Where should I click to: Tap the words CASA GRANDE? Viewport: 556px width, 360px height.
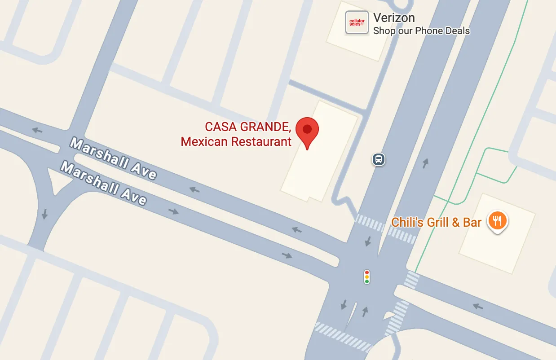pos(248,127)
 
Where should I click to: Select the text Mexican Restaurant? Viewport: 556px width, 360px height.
pos(236,142)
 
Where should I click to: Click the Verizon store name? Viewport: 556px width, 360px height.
pos(394,18)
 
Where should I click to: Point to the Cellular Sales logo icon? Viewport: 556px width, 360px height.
pos(357,22)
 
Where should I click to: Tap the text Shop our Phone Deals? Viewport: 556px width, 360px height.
pos(421,31)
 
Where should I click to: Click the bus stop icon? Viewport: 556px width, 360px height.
pos(379,159)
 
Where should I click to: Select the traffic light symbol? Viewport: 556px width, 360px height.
pos(367,277)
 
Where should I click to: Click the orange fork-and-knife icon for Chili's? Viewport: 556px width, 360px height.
pos(497,221)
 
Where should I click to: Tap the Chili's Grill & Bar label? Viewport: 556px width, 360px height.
pos(436,222)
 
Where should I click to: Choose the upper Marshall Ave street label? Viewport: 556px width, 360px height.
pos(113,158)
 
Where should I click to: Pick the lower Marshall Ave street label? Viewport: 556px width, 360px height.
pos(104,183)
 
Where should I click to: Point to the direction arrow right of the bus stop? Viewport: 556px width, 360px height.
pos(425,163)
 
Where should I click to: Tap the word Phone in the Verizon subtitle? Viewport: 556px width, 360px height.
pos(428,31)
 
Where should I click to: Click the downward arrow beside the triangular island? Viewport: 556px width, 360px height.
pos(44,214)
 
